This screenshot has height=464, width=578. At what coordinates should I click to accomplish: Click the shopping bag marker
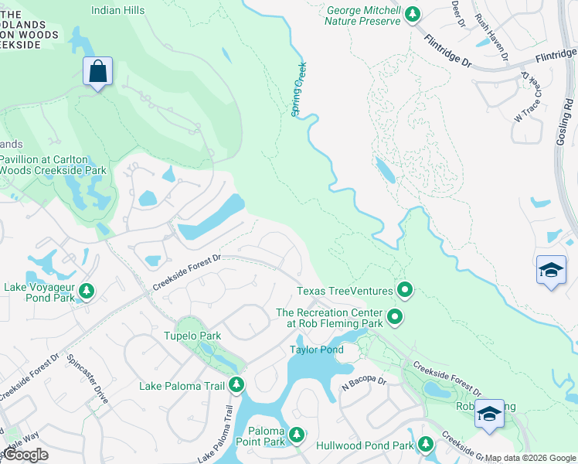pyautogui.click(x=97, y=72)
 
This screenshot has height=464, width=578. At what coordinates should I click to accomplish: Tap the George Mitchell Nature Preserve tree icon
pyautogui.click(x=413, y=13)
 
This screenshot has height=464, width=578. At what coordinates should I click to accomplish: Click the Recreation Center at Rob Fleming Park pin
pyautogui.click(x=395, y=316)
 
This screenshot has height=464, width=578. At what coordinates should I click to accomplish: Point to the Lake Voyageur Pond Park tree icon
pyautogui.click(x=87, y=291)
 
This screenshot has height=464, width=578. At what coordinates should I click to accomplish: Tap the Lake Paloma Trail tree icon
pyautogui.click(x=236, y=384)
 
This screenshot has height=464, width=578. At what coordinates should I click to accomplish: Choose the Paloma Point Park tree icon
pyautogui.click(x=297, y=435)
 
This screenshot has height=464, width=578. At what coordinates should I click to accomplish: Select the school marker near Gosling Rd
pyautogui.click(x=550, y=271)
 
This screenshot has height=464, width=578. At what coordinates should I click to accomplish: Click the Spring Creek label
pyautogui.click(x=298, y=90)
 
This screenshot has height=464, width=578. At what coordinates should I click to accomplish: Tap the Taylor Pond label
pyautogui.click(x=316, y=350)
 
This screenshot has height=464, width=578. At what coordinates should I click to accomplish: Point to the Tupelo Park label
pyautogui.click(x=192, y=336)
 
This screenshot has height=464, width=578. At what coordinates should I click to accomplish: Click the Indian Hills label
pyautogui.click(x=117, y=10)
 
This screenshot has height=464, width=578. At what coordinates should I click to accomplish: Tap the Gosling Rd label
pyautogui.click(x=567, y=124)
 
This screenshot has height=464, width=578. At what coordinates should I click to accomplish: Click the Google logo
pyautogui.click(x=25, y=454)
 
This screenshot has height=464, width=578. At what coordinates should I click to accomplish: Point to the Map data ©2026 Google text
pyautogui.click(x=530, y=458)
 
